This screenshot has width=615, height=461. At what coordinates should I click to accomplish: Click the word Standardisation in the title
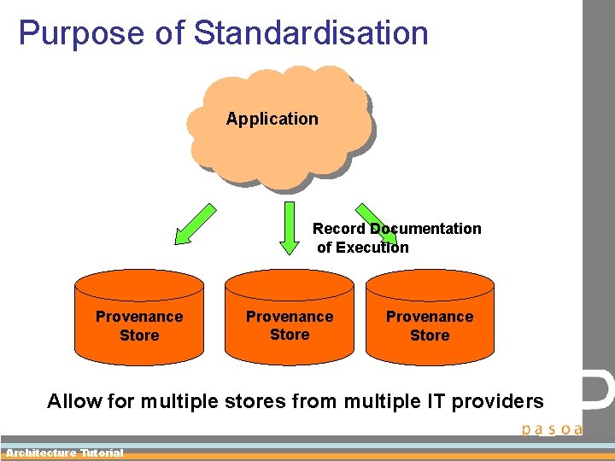pos(311,33)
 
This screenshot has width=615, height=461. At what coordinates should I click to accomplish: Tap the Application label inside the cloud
pos(272,120)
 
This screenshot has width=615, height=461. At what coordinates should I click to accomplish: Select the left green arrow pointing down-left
pos(195,224)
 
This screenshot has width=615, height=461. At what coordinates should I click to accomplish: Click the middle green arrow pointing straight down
pos(290,228)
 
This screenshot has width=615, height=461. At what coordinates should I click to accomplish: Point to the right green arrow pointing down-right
pos(375,223)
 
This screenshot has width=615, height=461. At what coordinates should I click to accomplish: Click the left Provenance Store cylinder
pos(139,316)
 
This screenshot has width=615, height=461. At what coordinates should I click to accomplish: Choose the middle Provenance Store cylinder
pos(290,316)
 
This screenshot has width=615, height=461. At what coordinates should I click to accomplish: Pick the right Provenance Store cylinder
pos(430,316)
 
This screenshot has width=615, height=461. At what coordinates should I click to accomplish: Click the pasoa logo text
pos(552,429)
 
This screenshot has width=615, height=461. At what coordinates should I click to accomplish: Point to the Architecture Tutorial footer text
pos(65,453)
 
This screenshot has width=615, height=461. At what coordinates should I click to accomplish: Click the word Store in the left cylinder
pos(139,336)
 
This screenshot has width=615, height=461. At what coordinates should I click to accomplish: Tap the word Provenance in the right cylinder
pos(430,317)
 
